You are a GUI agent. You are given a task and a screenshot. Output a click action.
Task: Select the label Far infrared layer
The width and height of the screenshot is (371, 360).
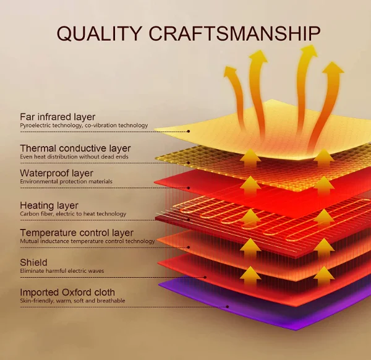tap(58, 116)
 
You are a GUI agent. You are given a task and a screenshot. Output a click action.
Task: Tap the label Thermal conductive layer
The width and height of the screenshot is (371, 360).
tap(75, 148)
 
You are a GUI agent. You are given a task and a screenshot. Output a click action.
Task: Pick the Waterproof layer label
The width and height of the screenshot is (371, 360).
tap(56, 173)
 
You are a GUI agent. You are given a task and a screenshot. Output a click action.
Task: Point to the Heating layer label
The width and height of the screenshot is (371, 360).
tap(49, 205)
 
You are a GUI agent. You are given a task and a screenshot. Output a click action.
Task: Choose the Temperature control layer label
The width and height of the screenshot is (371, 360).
tap(77, 233)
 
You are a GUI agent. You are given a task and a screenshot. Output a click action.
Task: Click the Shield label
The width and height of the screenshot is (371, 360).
tap(33, 262)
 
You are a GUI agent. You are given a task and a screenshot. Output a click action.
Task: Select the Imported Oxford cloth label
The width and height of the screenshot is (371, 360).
tap(67, 292)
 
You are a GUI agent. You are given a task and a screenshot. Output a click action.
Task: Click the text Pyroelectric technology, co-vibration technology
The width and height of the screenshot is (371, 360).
tap(84, 126)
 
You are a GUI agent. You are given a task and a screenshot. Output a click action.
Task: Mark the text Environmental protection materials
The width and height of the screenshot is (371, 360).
tap(66, 182)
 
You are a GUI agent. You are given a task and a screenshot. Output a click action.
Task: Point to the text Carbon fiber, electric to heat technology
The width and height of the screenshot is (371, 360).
tap(73, 214)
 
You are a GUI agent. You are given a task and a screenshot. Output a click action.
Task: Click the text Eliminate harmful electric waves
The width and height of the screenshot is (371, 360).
tap(62, 271)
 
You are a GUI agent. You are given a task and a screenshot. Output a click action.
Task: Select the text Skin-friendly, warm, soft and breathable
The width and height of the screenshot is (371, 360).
tap(72, 301)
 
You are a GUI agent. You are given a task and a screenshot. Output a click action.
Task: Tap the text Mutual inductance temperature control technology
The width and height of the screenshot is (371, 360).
tap(87, 241)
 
